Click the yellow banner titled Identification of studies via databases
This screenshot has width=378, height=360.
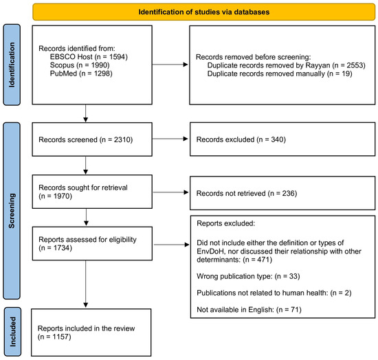click(x=203, y=12)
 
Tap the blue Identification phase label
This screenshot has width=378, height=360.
click(x=12, y=65)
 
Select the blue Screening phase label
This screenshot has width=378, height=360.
click(x=12, y=211)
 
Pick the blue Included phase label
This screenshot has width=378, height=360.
click(x=12, y=332)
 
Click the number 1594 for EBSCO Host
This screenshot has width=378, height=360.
click(x=117, y=57)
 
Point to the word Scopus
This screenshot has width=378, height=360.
click(x=62, y=65)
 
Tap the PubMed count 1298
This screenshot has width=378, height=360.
click(x=102, y=74)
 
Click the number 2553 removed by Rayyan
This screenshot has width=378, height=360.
click(x=355, y=65)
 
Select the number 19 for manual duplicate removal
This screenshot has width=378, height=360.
click(x=346, y=74)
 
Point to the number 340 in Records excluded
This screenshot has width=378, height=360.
click(x=277, y=139)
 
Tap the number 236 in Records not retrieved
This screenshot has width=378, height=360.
click(x=289, y=193)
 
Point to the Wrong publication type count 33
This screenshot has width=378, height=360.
click(x=293, y=276)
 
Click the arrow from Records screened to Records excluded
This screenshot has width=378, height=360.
click(x=170, y=139)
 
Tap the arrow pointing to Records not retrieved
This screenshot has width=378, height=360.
click(x=170, y=192)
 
